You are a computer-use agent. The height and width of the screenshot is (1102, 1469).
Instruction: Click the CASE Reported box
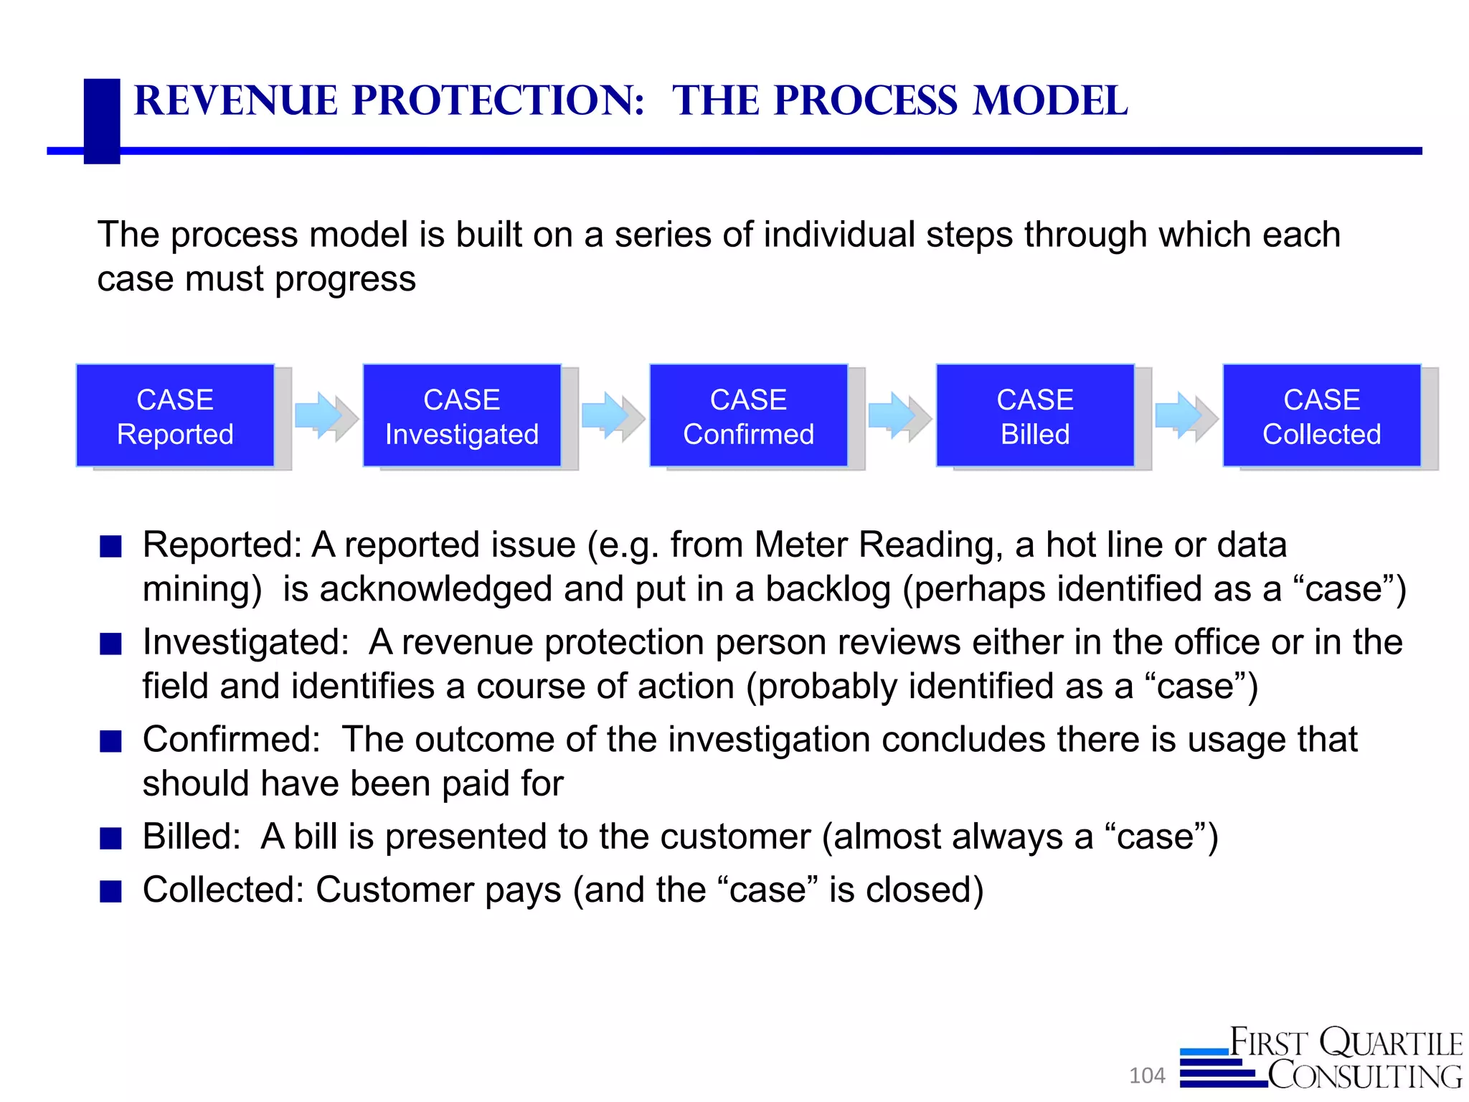pos(175,416)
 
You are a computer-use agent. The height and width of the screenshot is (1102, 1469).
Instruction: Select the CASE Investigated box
pos(462,416)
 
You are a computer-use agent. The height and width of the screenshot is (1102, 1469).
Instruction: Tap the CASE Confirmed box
pos(748,416)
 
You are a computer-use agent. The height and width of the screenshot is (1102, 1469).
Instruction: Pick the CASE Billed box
pos(1035,416)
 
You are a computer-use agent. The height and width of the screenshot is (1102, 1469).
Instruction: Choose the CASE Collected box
pos(1321,416)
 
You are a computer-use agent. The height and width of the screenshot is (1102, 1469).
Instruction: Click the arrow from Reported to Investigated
pos(324,416)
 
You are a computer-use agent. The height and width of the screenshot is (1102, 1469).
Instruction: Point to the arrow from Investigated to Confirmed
pos(611,416)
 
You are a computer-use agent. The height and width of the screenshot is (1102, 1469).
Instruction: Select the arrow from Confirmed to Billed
pos(898,416)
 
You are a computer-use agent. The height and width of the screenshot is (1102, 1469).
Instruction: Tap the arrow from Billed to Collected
pos(1185,416)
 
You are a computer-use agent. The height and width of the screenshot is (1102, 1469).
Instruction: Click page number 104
pos(1147,1075)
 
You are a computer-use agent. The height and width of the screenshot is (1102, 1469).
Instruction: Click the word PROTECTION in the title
pos(498,100)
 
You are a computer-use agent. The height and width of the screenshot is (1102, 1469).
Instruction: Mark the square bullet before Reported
pos(110,547)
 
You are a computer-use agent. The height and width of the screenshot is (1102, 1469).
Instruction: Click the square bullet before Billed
pos(110,838)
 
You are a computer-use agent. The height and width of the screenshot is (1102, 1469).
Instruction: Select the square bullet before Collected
pos(110,891)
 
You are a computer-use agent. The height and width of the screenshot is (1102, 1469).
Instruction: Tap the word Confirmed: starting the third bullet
pos(231,740)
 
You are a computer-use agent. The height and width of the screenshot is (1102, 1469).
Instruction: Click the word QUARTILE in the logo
pos(1392,1043)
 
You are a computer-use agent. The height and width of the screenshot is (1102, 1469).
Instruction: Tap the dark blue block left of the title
pos(102,121)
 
